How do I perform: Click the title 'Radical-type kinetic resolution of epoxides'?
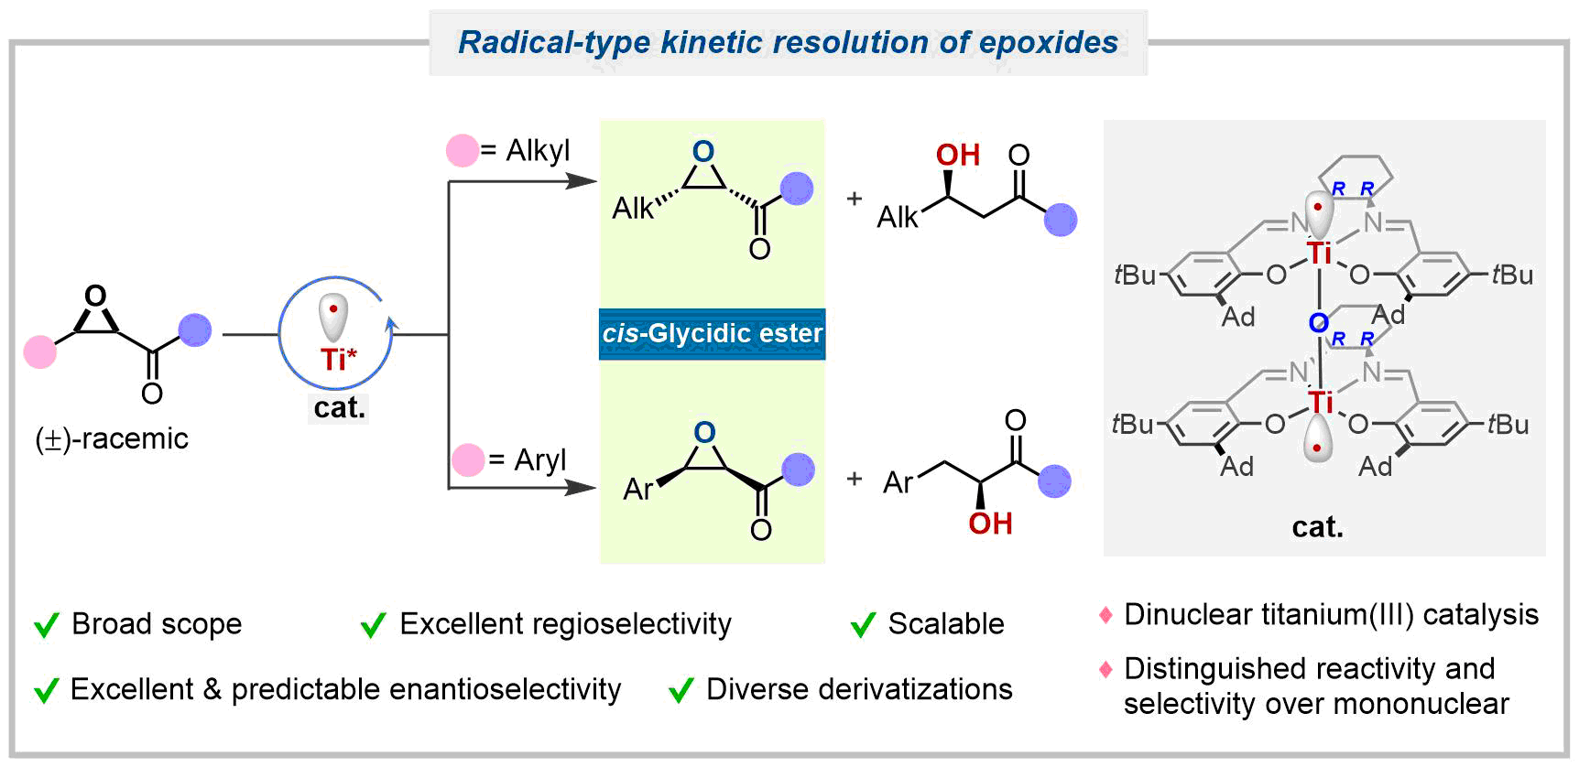click(788, 42)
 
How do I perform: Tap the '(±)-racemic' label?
click(112, 439)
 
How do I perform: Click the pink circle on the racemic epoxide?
click(39, 351)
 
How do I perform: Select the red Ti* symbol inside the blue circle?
click(337, 359)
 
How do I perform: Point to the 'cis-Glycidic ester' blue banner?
click(713, 333)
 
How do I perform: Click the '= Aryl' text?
click(528, 459)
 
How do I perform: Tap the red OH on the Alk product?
click(958, 156)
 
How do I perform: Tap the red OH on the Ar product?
click(990, 524)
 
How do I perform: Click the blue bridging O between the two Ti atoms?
click(1318, 323)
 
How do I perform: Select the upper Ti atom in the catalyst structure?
click(1319, 254)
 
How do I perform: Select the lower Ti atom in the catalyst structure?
click(1320, 402)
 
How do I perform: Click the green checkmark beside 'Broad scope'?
click(47, 626)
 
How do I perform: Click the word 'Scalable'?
click(946, 624)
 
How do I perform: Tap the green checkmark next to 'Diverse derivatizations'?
click(681, 691)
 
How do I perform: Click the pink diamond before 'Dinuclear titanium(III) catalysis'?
click(1105, 615)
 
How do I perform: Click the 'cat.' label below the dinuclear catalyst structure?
click(1317, 527)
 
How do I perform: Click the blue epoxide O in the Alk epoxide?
click(703, 151)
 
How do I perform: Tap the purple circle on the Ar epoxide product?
click(798, 470)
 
